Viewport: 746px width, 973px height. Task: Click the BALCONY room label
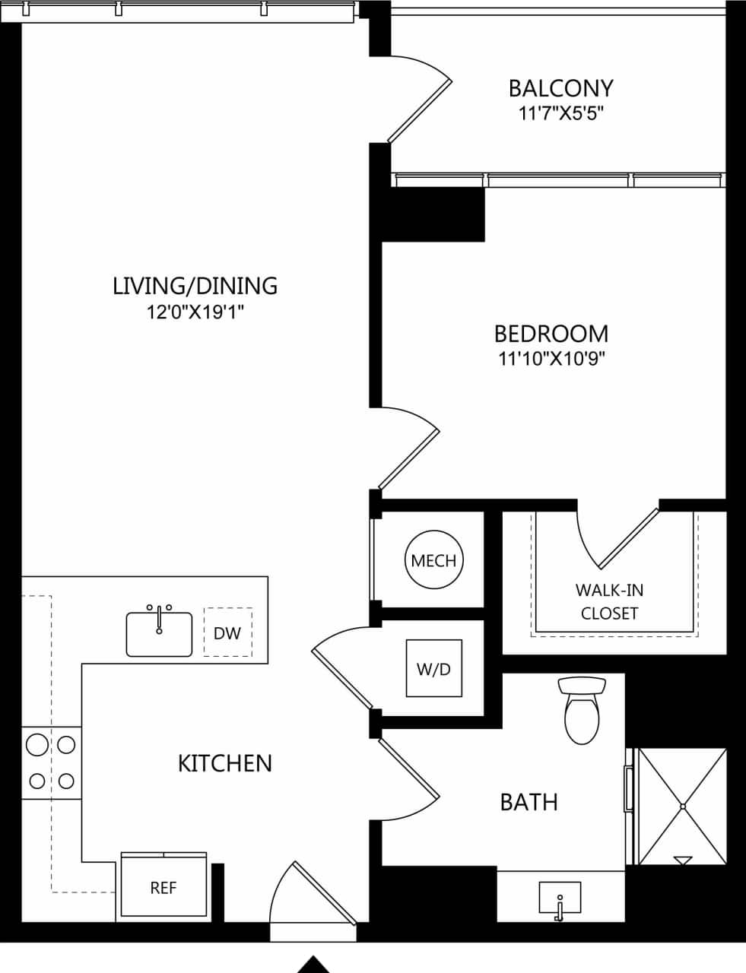tap(560, 88)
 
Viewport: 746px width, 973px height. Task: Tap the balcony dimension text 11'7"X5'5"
tap(560, 114)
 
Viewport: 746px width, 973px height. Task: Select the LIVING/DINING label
tap(195, 286)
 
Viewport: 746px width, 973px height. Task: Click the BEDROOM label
tap(551, 334)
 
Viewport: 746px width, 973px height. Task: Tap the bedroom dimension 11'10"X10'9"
tap(551, 359)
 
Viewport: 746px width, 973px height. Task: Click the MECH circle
tap(433, 561)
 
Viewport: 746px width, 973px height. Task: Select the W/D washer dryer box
tap(433, 669)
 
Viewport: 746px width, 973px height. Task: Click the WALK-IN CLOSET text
tap(609, 601)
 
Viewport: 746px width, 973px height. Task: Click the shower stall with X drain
tap(682, 806)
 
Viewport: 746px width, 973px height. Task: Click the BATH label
tap(529, 802)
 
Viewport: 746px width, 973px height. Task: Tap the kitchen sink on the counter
tap(159, 632)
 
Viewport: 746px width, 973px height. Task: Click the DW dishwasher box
tap(227, 632)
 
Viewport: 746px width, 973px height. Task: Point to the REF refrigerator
tap(163, 887)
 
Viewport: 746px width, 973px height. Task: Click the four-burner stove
tap(51, 762)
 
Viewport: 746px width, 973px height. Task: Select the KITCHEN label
tap(224, 763)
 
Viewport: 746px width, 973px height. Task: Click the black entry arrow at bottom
tap(313, 965)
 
